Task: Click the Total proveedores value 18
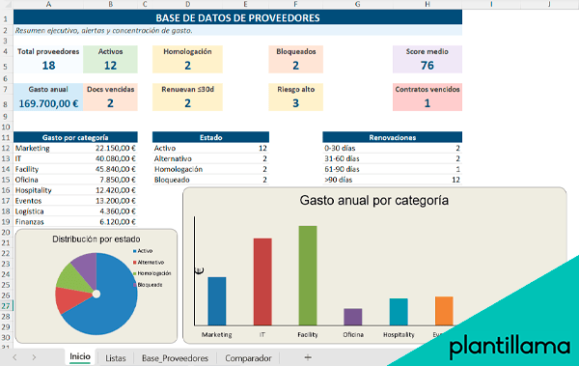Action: tap(48, 66)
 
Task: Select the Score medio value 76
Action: tap(427, 66)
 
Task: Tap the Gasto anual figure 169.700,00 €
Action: tap(48, 102)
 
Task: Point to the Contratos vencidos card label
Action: tap(427, 89)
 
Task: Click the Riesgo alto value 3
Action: tap(294, 102)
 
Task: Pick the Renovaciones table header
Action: tap(393, 137)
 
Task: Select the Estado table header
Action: tap(210, 137)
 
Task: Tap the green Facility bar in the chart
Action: tap(308, 275)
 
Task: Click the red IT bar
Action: tap(262, 281)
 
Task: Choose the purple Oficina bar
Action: tap(353, 317)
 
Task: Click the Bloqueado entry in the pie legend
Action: tap(151, 285)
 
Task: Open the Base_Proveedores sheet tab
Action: tap(174, 358)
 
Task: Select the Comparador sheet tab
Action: tap(248, 358)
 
